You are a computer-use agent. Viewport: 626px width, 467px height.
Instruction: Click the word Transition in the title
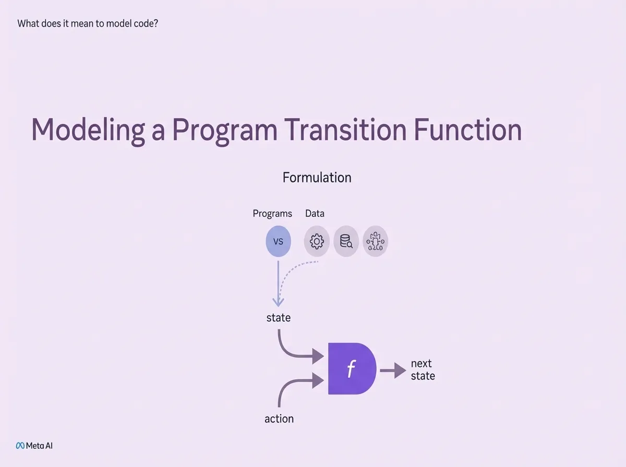click(x=345, y=130)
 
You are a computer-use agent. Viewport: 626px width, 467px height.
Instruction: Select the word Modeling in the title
click(x=88, y=131)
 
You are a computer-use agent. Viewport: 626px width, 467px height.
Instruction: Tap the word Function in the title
click(x=468, y=130)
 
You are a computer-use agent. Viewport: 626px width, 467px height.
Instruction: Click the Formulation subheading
click(x=317, y=178)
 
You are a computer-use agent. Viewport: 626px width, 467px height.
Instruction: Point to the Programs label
click(x=272, y=214)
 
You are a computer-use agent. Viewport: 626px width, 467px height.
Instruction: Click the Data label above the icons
click(x=315, y=213)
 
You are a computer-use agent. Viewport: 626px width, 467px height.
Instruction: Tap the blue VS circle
click(x=279, y=241)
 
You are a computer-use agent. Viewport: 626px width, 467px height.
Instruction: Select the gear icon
click(x=317, y=241)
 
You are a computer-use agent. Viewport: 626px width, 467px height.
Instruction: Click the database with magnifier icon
click(x=346, y=241)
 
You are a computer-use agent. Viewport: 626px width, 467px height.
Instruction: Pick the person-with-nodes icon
click(x=375, y=241)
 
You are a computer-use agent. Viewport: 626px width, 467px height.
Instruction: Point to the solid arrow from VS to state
click(x=278, y=284)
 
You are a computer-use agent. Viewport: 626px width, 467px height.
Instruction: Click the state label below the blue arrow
click(x=279, y=318)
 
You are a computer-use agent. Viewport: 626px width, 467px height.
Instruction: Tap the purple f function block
click(x=352, y=368)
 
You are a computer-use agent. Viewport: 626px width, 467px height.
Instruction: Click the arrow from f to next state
click(x=393, y=371)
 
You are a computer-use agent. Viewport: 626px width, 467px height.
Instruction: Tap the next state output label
click(x=423, y=370)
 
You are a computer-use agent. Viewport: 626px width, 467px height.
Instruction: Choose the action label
click(x=279, y=419)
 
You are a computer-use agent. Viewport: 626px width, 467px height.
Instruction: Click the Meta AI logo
click(x=34, y=446)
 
